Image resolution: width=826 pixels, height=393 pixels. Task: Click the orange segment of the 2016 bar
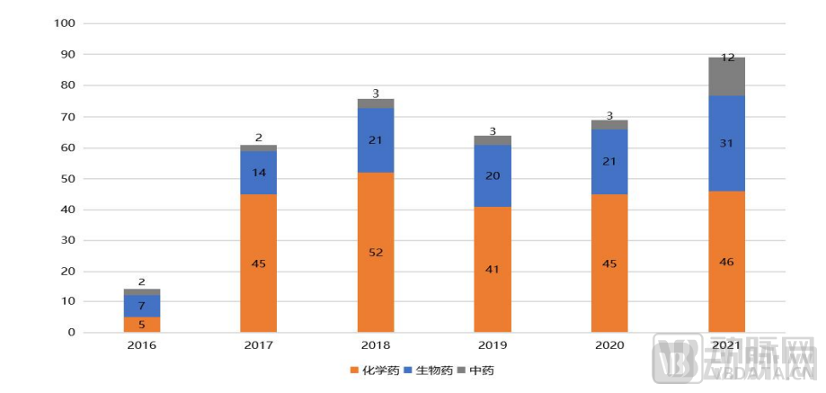[x=141, y=325]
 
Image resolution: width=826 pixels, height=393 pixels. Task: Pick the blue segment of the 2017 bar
[x=259, y=173]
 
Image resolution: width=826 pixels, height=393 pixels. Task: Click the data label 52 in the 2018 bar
[x=376, y=253]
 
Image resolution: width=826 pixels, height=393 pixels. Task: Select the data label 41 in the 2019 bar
[x=493, y=269]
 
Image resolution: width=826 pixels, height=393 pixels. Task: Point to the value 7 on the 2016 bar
[x=141, y=307]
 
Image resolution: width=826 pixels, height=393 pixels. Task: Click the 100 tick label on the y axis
[x=66, y=24]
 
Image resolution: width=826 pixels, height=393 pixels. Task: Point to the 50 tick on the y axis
[x=68, y=179]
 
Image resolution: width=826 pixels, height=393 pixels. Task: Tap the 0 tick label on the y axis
[x=72, y=333]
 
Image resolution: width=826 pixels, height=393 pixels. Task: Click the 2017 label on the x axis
[x=259, y=345]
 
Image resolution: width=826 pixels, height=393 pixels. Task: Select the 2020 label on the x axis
[x=609, y=345]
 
